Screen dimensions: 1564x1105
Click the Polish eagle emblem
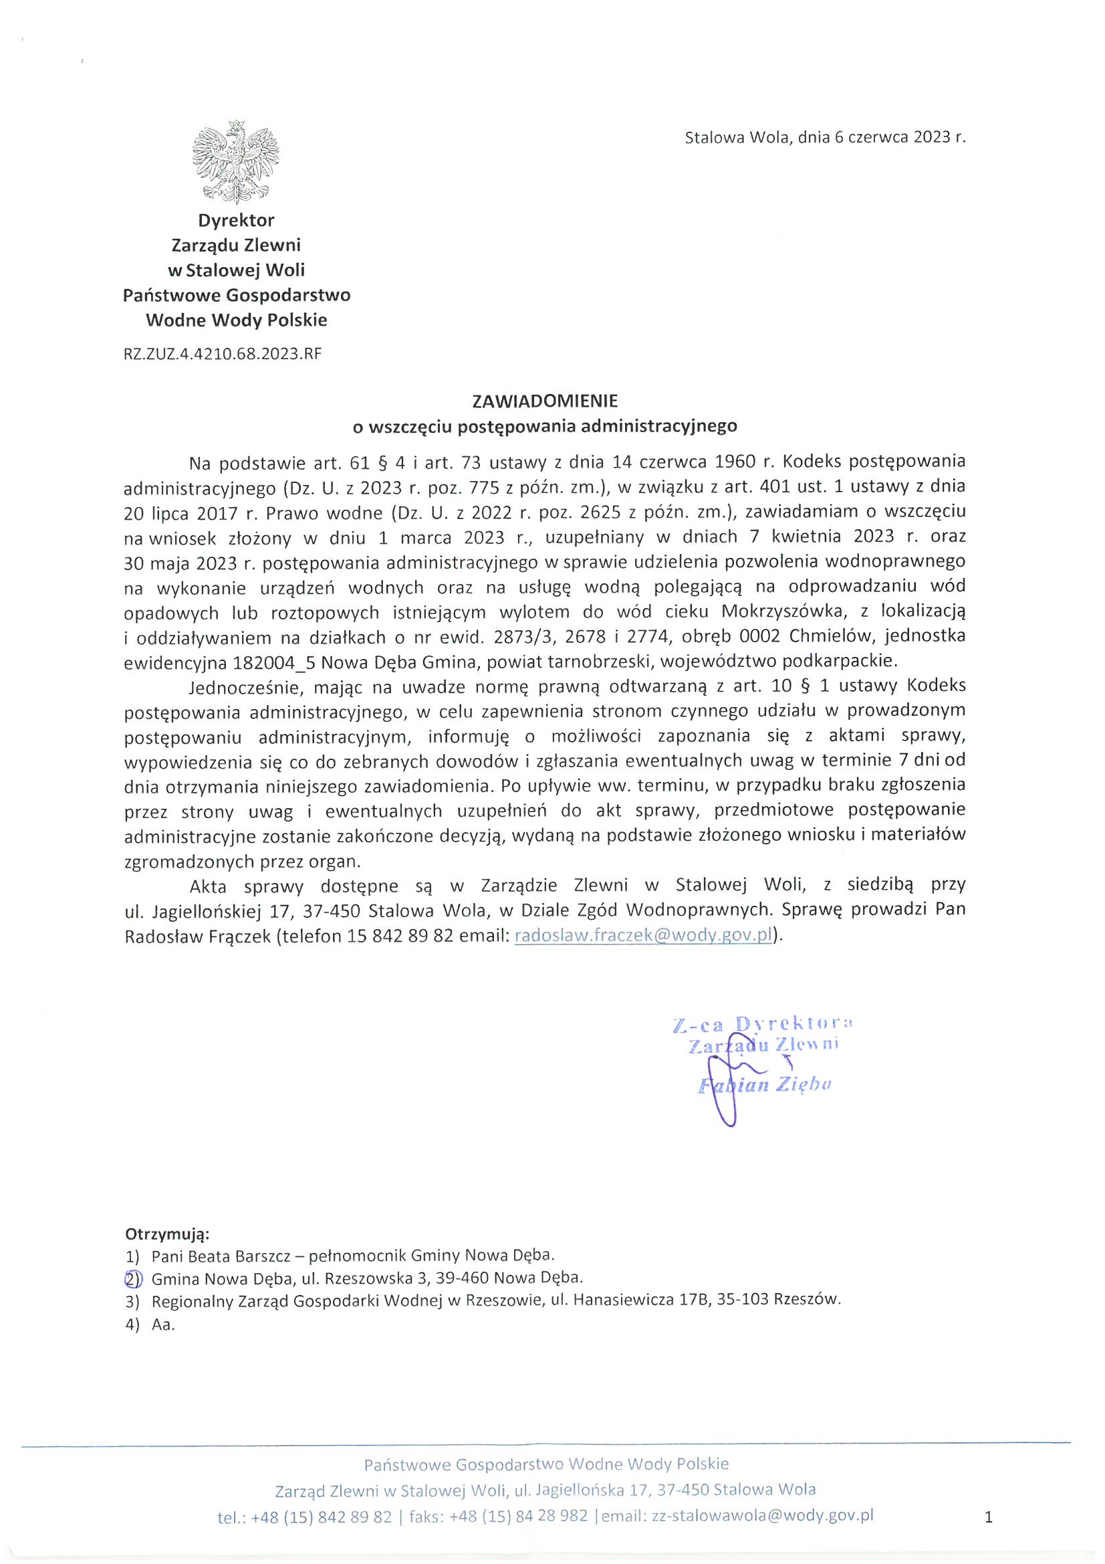235,163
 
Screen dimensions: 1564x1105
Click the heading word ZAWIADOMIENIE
545,401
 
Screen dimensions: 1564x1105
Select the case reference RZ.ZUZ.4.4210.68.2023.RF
222,355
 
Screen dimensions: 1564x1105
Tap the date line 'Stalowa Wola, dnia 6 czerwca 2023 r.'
824,137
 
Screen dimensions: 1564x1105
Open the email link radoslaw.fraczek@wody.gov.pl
644,935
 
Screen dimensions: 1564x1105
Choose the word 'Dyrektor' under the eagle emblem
235,220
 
